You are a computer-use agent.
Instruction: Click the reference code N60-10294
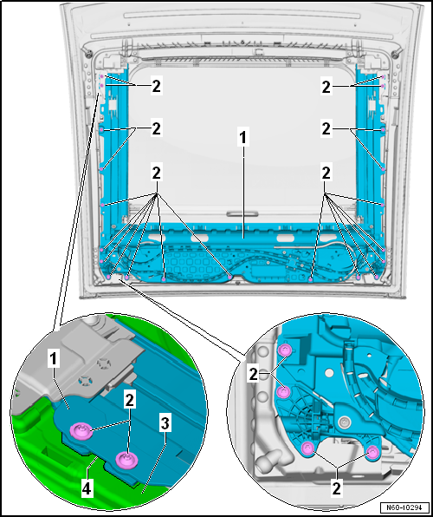405,507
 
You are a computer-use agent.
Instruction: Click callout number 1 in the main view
242,139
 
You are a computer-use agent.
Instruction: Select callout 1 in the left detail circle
55,360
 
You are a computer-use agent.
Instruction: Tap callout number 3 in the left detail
165,425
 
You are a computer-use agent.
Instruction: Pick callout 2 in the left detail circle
129,401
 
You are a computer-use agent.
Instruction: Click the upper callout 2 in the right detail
253,375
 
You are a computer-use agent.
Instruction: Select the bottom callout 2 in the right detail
336,488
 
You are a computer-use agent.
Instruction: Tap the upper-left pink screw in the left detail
81,430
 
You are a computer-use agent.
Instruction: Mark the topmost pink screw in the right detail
284,350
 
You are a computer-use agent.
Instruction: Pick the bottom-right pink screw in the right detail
372,452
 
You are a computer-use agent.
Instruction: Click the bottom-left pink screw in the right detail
308,448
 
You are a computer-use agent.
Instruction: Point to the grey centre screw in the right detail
345,421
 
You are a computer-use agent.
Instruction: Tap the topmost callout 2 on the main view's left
157,87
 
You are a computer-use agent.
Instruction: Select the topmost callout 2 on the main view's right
326,87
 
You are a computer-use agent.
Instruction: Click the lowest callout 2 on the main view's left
157,173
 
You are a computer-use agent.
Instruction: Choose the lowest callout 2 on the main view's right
326,173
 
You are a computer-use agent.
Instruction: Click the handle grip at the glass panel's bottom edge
242,214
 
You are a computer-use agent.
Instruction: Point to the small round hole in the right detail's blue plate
329,372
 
